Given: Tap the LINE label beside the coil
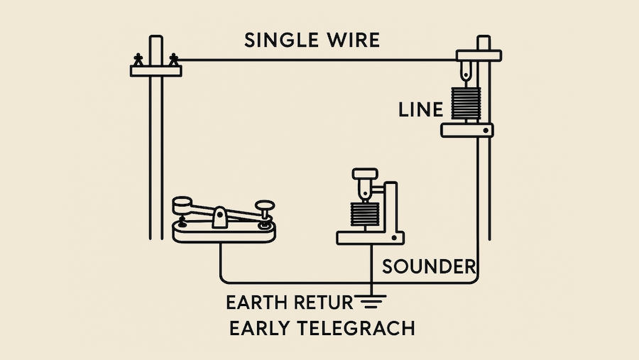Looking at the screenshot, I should pyautogui.click(x=420, y=110).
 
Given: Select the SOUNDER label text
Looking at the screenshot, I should pyautogui.click(x=428, y=267).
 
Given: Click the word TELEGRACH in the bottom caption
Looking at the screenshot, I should pyautogui.click(x=357, y=329).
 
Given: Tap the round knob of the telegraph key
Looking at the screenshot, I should pyautogui.click(x=266, y=206).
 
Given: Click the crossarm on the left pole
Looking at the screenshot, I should pyautogui.click(x=156, y=70).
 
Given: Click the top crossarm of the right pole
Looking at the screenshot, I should pyautogui.click(x=479, y=55).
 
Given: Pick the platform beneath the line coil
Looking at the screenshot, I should pyautogui.click(x=466, y=130).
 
